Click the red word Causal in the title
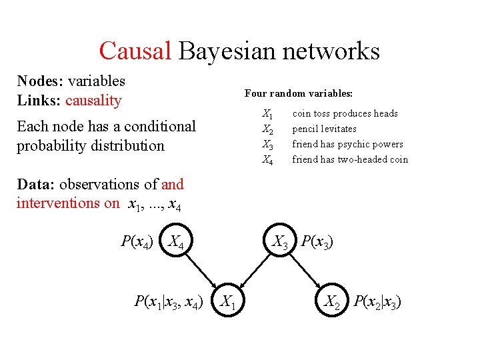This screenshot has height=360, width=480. coord(136,50)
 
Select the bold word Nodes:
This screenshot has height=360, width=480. coord(39,81)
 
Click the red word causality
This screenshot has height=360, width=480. coord(93,101)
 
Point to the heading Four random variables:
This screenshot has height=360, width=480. coord(299,93)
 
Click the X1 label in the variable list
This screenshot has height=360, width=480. coord(267,114)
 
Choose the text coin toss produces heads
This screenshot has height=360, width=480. coord(345,113)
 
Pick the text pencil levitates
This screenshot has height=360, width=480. coord(324,129)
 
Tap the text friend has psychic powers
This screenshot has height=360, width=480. coord(347,144)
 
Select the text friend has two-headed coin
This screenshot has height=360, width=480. coord(350,159)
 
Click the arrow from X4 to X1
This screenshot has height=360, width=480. coord(198,269)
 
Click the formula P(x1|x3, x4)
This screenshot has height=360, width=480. coord(169,302)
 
